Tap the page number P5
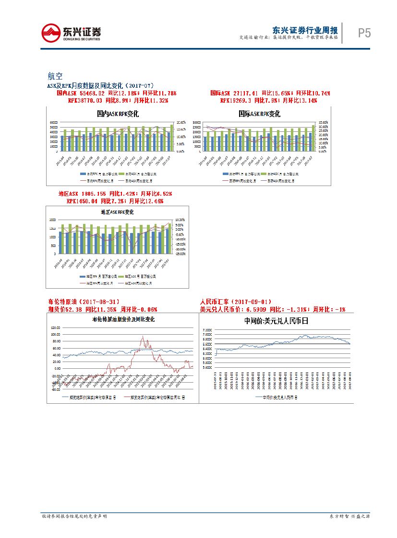[x=364, y=33]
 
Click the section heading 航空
[x=55, y=76]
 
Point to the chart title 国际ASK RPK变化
[x=259, y=114]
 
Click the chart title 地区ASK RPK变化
[x=117, y=211]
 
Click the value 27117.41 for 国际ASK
[x=245, y=93]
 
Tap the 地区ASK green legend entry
[x=139, y=277]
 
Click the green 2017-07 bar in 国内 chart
[x=171, y=138]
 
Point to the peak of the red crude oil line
[x=143, y=336]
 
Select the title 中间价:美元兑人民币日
[x=276, y=321]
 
